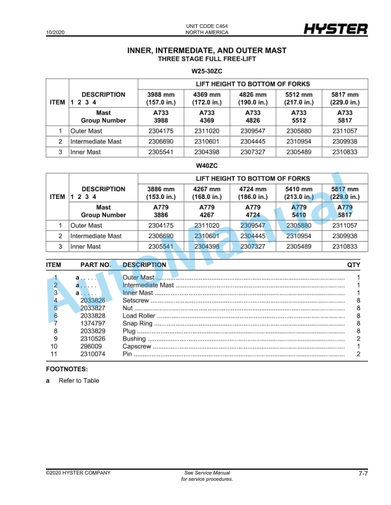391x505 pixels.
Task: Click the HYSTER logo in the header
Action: (x=335, y=29)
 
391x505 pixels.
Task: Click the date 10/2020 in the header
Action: (x=56, y=32)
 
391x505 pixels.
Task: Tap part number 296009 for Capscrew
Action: (x=91, y=346)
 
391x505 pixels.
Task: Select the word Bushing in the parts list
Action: (x=134, y=339)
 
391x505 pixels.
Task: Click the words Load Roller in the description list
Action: (x=139, y=316)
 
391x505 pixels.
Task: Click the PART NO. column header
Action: (x=95, y=265)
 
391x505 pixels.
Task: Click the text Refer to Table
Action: (x=79, y=381)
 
